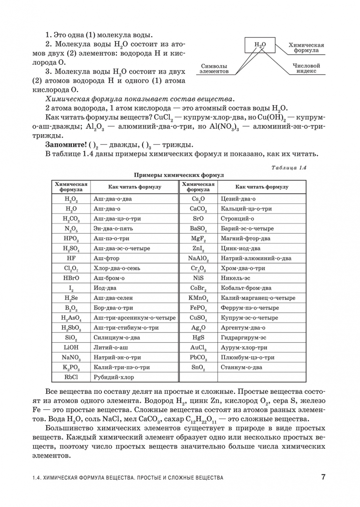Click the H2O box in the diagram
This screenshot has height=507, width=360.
pos(260,45)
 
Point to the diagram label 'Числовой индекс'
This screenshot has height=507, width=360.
pos(306,69)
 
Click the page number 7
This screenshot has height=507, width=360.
pos(323,477)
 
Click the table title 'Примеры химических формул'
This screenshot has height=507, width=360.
pos(179,175)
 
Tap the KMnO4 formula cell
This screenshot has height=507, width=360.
pos(199,298)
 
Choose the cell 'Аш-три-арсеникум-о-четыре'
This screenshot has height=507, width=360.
pos(135,318)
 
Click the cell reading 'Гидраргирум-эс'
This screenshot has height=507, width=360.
pos(244,338)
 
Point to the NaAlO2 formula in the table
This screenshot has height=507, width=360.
pos(199,259)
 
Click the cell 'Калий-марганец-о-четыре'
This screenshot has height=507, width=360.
pos(258,298)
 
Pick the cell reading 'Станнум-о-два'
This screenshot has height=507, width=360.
pos(241,367)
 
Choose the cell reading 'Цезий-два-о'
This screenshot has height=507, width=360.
pos(238,199)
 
